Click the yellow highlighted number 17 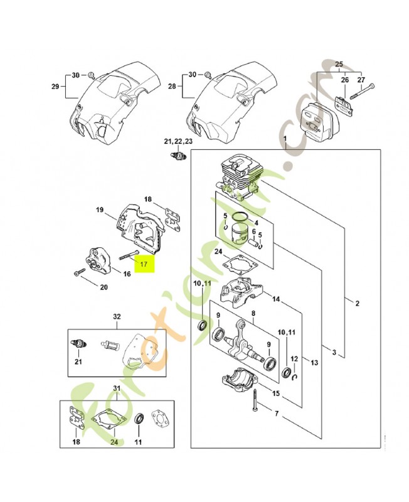pyautogui.click(x=144, y=265)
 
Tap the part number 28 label pyautogui.click(x=173, y=87)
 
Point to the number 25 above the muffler pyautogui.click(x=339, y=65)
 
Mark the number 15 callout pyautogui.click(x=276, y=393)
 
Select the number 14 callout pyautogui.click(x=276, y=299)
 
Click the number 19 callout pyautogui.click(x=99, y=209)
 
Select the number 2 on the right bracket pyautogui.click(x=357, y=304)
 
